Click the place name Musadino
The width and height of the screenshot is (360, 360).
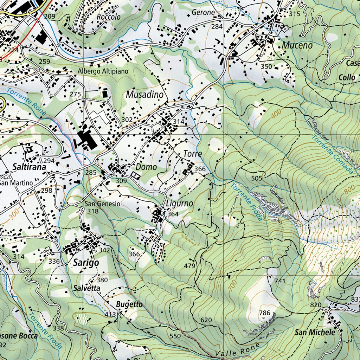click(145, 95)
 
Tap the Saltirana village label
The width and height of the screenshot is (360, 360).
click(30, 167)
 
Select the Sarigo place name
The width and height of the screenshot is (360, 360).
click(86, 263)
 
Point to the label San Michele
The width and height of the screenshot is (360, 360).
click(315, 332)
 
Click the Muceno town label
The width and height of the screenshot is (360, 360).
click(297, 45)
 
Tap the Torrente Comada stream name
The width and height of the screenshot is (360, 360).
click(332, 155)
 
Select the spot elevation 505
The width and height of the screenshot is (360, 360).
click(257, 178)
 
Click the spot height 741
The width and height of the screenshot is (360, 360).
click(280, 281)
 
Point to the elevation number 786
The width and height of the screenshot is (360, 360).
click(264, 313)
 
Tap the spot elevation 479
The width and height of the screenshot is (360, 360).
click(189, 266)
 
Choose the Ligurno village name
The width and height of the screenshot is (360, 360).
click(179, 204)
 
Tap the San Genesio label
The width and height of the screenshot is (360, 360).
click(102, 204)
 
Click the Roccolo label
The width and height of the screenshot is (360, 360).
click(109, 17)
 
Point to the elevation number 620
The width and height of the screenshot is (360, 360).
click(206, 320)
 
